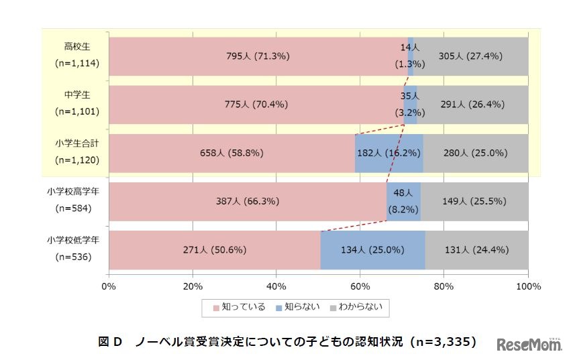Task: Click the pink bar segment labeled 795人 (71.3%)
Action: pos(258,56)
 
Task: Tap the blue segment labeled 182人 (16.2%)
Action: pos(388,153)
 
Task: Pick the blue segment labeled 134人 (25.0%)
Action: pos(372,250)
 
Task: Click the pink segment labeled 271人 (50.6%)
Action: pos(214,250)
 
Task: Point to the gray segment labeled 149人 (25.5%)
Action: pos(474,201)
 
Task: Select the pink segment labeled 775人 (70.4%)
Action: pos(258,105)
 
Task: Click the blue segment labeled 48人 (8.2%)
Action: pos(403,201)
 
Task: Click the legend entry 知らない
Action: pos(297,307)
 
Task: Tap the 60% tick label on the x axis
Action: pos(360,287)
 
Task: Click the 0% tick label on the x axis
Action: pos(109,287)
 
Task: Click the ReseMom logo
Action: pos(529,345)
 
